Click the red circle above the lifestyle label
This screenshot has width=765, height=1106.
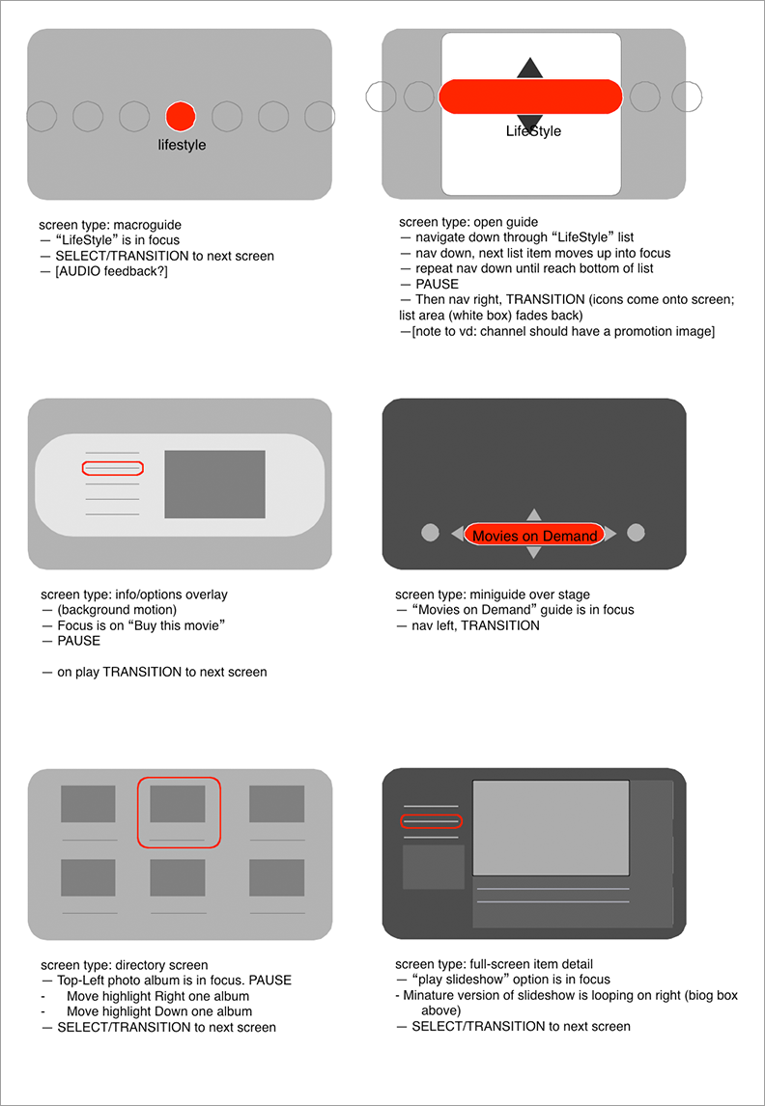point(181,116)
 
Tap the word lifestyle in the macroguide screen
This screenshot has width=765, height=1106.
point(182,146)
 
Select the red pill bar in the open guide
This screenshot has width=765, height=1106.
point(530,97)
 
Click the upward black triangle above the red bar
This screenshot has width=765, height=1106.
point(529,69)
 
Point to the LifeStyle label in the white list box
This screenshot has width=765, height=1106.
point(533,131)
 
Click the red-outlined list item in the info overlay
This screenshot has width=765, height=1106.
point(113,468)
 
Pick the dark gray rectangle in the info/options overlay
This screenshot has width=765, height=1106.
point(214,484)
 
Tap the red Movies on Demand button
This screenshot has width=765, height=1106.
point(534,535)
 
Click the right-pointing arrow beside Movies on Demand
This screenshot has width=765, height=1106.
point(611,534)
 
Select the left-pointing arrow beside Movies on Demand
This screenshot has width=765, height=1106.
point(457,534)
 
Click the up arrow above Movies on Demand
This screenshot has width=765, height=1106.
point(534,515)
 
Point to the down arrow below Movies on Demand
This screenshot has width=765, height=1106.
point(534,553)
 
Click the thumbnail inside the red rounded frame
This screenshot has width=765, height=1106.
point(178,804)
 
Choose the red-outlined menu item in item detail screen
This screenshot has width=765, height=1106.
point(431,821)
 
